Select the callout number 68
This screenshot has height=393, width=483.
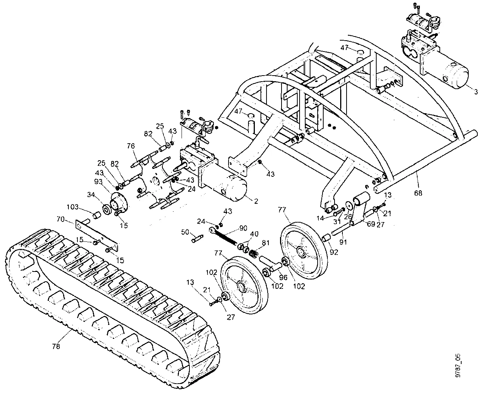[x=418, y=193]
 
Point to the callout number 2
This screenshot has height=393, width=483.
[x=256, y=201]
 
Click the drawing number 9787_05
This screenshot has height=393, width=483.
[x=457, y=365]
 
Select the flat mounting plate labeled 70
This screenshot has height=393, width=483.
[x=98, y=235]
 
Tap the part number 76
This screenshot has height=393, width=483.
[x=130, y=146]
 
